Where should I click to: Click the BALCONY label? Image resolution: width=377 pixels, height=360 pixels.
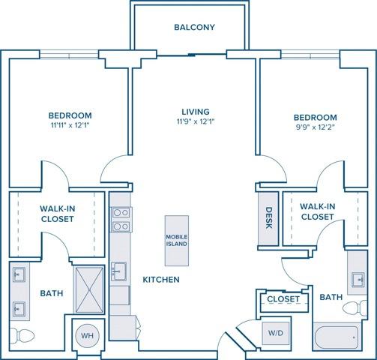(194, 28)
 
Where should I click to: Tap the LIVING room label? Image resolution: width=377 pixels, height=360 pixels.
(195, 111)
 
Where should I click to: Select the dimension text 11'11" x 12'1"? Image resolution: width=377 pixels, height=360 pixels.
(70, 126)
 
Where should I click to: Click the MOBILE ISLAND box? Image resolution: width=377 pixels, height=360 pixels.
(177, 240)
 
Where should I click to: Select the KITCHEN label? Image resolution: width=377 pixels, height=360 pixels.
(161, 280)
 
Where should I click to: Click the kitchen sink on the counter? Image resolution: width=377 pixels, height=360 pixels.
(119, 270)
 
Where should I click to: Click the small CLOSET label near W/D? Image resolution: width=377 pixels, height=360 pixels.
(283, 299)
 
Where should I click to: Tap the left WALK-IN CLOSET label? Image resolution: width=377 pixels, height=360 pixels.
(57, 214)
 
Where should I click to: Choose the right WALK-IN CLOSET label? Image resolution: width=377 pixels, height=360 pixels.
(316, 211)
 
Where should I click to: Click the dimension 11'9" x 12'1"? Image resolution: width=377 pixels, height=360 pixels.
(195, 121)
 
